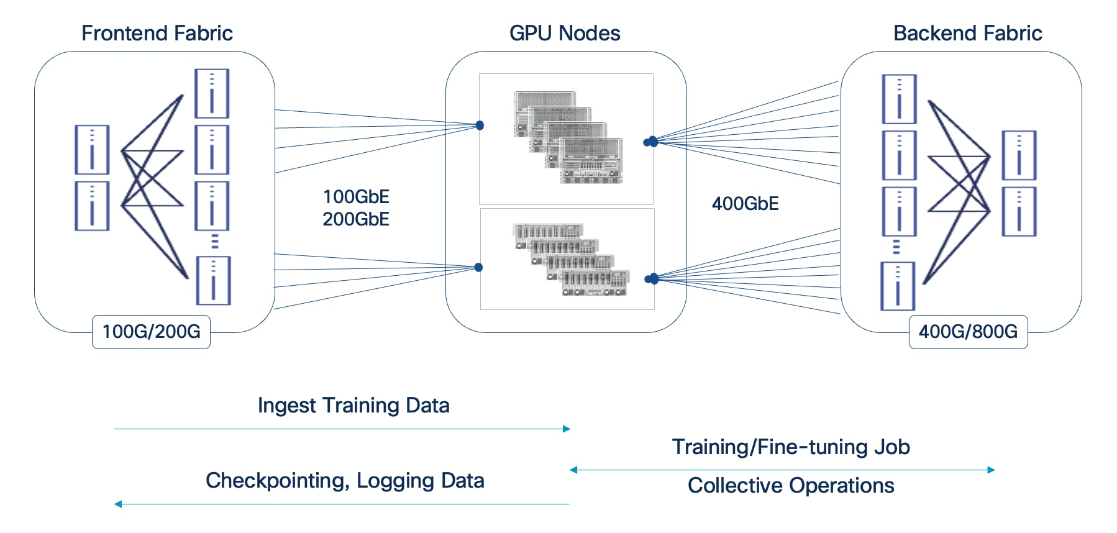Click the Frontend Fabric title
[157, 33]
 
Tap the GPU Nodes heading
[564, 33]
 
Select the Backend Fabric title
[967, 33]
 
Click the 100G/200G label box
[151, 332]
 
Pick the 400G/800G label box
[968, 332]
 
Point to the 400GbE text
[745, 204]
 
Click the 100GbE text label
[356, 197]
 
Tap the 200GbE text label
[356, 219]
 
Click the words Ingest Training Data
[353, 406]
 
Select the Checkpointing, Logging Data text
[345, 481]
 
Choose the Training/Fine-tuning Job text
[791, 447]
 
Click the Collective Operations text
[791, 486]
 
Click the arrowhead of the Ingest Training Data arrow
[567, 429]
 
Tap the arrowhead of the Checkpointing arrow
[118, 504]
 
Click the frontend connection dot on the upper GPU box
[480, 125]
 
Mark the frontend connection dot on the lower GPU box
[478, 268]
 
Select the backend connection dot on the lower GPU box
[652, 279]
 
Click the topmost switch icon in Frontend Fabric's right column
[212, 94]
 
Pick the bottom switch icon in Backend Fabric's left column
[898, 286]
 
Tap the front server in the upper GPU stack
[591, 162]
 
